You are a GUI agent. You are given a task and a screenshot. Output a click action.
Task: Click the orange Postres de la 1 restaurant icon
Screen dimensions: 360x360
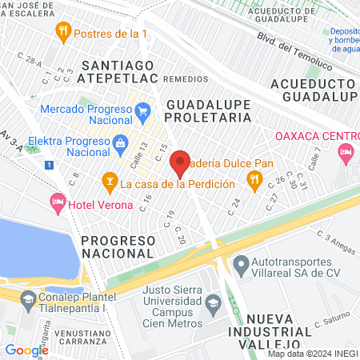tap(63, 33)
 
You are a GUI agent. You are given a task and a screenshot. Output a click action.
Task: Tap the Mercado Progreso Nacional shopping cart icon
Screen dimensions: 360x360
tap(143, 110)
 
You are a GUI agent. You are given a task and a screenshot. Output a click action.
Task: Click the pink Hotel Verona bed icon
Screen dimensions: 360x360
tap(57, 201)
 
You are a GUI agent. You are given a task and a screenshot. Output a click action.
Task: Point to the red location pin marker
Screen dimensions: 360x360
tap(181, 163)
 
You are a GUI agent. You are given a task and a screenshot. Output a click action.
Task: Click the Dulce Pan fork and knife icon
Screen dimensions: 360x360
tap(255, 182)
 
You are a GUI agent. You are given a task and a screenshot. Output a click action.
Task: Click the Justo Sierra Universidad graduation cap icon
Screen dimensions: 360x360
tap(213, 303)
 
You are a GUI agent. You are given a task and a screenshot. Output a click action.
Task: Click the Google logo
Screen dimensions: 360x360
tap(26, 350)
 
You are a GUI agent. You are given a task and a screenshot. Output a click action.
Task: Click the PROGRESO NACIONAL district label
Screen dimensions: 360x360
tap(117, 246)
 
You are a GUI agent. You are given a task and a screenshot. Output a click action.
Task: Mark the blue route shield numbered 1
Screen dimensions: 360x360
tap(50, 165)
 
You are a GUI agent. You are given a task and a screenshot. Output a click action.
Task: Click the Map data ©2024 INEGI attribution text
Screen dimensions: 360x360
tap(311, 354)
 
